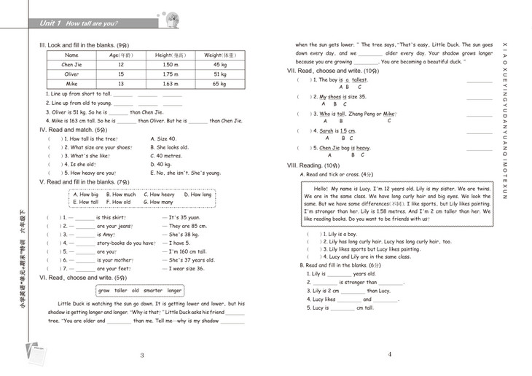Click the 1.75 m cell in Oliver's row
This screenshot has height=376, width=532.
(171, 74)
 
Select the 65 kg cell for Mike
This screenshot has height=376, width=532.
(220, 84)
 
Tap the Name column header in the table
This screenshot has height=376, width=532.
(71, 55)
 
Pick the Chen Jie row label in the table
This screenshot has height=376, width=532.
(71, 64)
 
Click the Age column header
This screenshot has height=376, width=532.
(121, 55)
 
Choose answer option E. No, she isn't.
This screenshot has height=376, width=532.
(185, 173)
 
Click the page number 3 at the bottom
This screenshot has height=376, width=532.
(142, 355)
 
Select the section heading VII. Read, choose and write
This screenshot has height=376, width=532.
(332, 71)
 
